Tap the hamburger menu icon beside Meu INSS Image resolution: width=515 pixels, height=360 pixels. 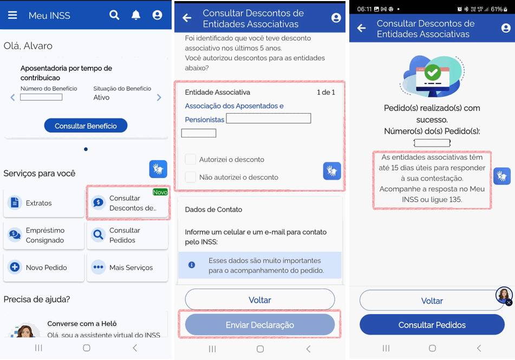pyautogui.click(x=12, y=15)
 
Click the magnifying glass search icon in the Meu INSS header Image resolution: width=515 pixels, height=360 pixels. pyautogui.click(x=114, y=15)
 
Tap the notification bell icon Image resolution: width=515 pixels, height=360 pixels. pyautogui.click(x=136, y=15)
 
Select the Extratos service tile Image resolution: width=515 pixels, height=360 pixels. pyautogui.click(x=44, y=202)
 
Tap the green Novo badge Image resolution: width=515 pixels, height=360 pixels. pyautogui.click(x=160, y=192)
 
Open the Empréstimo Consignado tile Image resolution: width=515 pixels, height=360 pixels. pyautogui.click(x=44, y=235)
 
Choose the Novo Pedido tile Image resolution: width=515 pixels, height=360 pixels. pyautogui.click(x=44, y=267)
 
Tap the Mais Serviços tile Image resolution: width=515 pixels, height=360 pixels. pyautogui.click(x=127, y=267)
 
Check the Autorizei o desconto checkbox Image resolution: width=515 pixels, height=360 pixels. pyautogui.click(x=191, y=159)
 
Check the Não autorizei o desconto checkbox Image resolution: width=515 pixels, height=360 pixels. pyautogui.click(x=191, y=177)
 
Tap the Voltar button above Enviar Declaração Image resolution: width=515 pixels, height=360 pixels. pyautogui.click(x=260, y=299)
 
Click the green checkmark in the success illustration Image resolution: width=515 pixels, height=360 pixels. pyautogui.click(x=433, y=72)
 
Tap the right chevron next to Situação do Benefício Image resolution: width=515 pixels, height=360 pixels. pyautogui.click(x=159, y=97)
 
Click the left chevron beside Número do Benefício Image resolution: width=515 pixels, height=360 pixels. pyautogui.click(x=12, y=97)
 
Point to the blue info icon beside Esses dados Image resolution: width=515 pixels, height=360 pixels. pyautogui.click(x=192, y=265)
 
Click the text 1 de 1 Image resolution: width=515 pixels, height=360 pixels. pyautogui.click(x=326, y=92)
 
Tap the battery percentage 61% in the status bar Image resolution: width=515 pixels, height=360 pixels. pyautogui.click(x=497, y=9)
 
